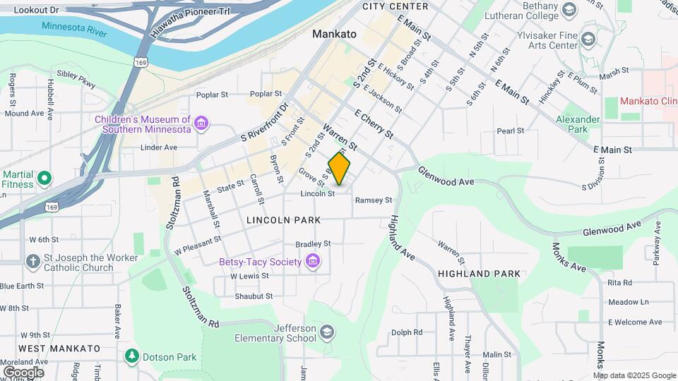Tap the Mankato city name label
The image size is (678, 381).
pyautogui.click(x=334, y=34)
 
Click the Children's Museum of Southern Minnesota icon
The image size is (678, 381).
pyautogui.click(x=202, y=124)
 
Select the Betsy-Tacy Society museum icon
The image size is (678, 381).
pyautogui.click(x=313, y=262)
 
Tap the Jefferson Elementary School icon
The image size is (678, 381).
pyautogui.click(x=327, y=332)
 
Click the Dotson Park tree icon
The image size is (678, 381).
pyautogui.click(x=131, y=357)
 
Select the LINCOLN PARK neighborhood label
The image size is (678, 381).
pyautogui.click(x=283, y=220)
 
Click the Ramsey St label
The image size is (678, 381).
pyautogui.click(x=373, y=200)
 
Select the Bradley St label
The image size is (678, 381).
pyautogui.click(x=313, y=243)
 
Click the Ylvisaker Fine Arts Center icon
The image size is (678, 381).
pyautogui.click(x=588, y=40)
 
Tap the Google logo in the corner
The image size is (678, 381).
pyautogui.click(x=23, y=372)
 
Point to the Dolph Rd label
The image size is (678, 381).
pyautogui.click(x=407, y=332)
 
